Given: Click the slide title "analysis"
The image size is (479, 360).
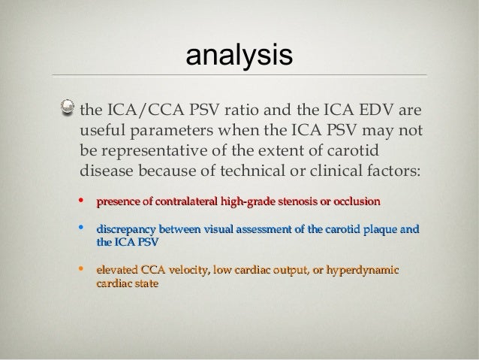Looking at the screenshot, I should (x=239, y=56).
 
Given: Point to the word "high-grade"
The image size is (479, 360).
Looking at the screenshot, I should (x=249, y=202).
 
